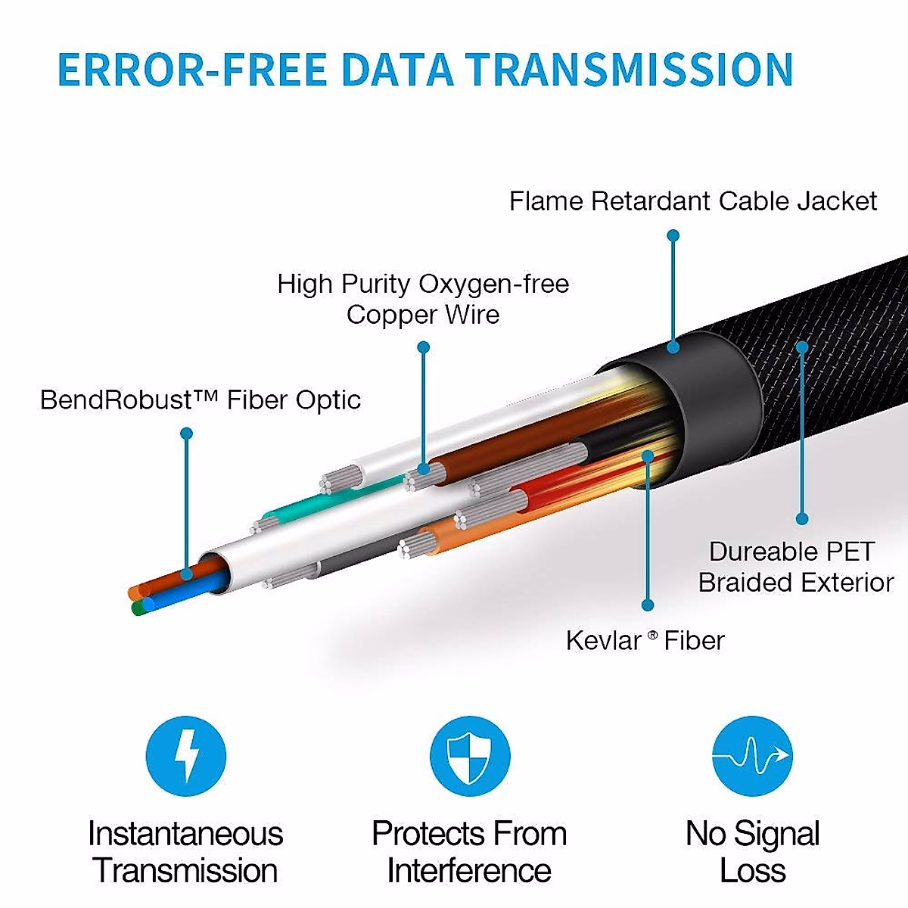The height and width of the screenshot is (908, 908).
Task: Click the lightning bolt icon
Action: coord(185,756)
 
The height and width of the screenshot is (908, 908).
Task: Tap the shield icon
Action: coord(469,756)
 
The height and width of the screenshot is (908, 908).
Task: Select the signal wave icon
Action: coord(752,756)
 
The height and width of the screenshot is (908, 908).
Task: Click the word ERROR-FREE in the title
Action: coord(192,70)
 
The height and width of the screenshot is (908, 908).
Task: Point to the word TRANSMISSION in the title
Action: coord(628,70)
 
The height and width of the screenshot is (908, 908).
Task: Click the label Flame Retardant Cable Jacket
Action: coord(692,201)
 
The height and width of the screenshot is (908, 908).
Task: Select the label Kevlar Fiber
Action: coord(645,641)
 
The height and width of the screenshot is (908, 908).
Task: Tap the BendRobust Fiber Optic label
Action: coord(200,400)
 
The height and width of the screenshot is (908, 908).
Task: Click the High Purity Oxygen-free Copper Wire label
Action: coord(423,299)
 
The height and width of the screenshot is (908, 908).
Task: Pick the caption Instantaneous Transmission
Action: coord(185,852)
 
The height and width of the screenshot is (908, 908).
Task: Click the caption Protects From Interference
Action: coord(469,852)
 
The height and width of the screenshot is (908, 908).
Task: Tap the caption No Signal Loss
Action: coord(752,852)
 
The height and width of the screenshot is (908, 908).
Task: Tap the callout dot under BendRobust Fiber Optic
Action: coord(187,434)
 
